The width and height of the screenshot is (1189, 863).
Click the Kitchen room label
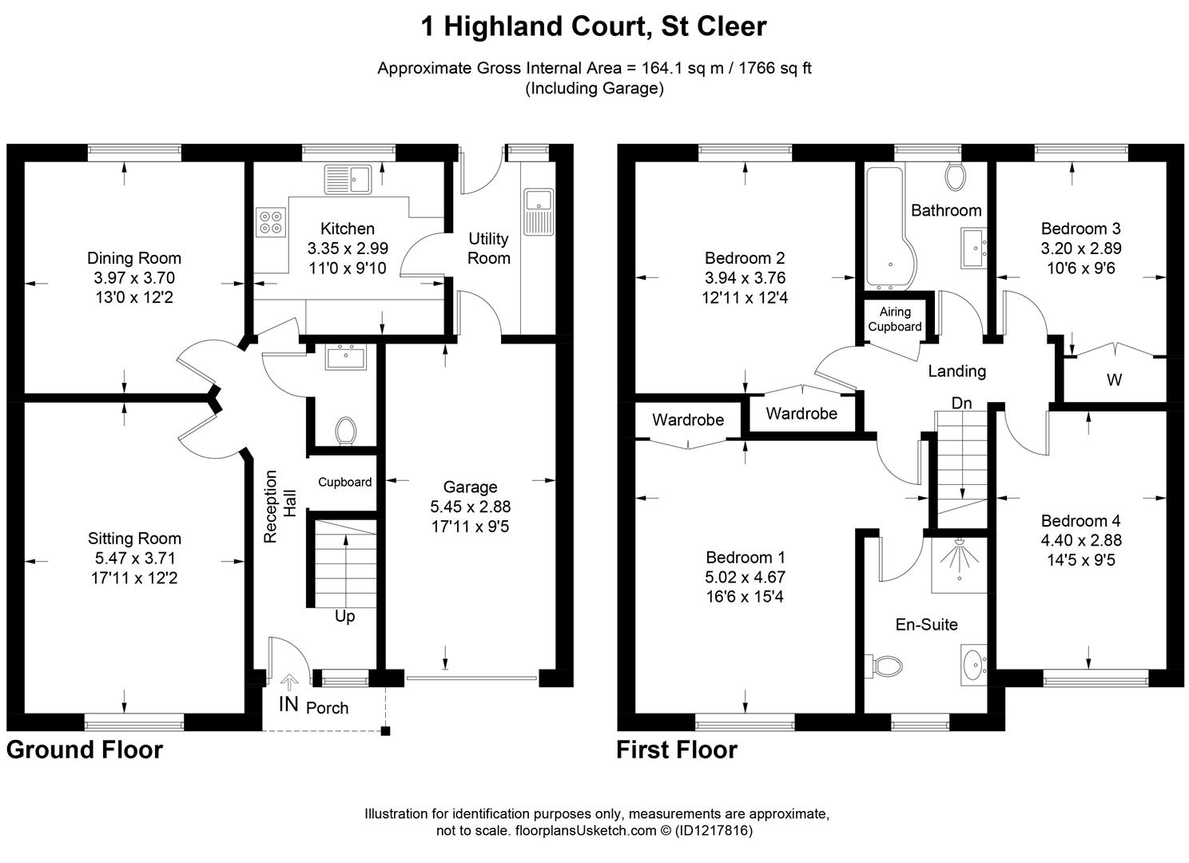(x=347, y=229)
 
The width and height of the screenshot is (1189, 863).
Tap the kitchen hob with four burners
(x=271, y=221)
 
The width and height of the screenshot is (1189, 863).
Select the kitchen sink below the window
(x=348, y=179)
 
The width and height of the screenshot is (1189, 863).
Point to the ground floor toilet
(x=346, y=431)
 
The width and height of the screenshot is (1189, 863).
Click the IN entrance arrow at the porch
(x=289, y=681)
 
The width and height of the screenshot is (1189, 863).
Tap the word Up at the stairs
(x=344, y=617)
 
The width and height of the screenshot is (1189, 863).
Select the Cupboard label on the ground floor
(x=344, y=482)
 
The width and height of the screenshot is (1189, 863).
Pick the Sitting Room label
(x=134, y=539)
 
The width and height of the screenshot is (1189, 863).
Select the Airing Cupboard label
(x=895, y=320)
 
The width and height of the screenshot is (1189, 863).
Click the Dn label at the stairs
(x=961, y=403)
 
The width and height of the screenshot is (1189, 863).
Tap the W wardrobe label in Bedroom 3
(x=1114, y=380)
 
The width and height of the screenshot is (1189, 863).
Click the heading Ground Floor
(x=85, y=750)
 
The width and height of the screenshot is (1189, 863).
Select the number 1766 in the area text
(x=741, y=68)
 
